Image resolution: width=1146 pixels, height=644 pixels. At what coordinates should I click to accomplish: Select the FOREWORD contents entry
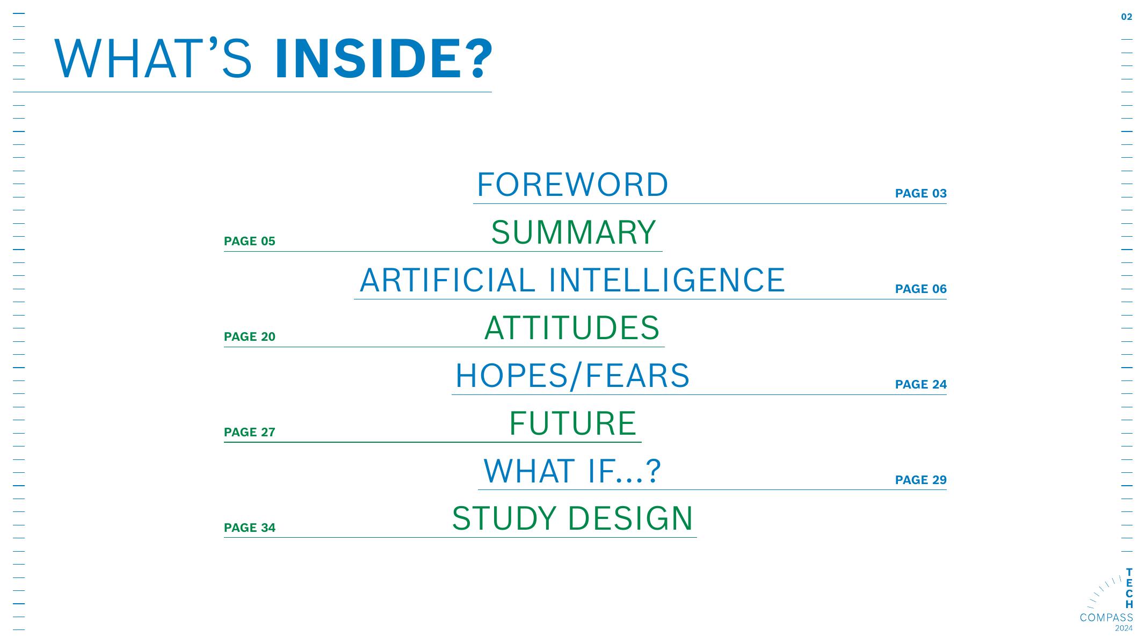pyautogui.click(x=572, y=185)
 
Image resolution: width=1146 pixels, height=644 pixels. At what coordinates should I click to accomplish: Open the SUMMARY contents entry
pyautogui.click(x=574, y=232)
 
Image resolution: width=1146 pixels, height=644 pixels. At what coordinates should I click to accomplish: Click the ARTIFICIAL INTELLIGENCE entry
pyautogui.click(x=572, y=280)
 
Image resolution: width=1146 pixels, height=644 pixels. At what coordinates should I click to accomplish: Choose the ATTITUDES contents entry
pyautogui.click(x=572, y=328)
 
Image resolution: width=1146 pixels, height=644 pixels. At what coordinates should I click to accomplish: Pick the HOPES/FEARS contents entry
pyautogui.click(x=572, y=376)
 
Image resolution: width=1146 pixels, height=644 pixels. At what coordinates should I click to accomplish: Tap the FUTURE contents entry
pyautogui.click(x=572, y=423)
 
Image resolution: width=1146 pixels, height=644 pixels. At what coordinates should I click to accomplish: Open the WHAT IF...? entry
pyautogui.click(x=572, y=471)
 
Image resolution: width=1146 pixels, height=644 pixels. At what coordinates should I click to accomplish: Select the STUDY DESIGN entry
pyautogui.click(x=572, y=518)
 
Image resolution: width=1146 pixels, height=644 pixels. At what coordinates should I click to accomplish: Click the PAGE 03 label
pyautogui.click(x=921, y=193)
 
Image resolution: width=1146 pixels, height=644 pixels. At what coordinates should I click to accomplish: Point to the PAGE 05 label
pyautogui.click(x=250, y=241)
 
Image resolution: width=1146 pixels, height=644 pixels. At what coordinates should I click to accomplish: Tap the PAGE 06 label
pyautogui.click(x=921, y=289)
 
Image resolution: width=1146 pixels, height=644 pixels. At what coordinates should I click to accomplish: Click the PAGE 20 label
pyautogui.click(x=250, y=336)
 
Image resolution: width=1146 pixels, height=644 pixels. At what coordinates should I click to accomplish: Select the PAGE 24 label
pyautogui.click(x=921, y=384)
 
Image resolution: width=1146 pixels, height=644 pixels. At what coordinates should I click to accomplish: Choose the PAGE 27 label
pyautogui.click(x=250, y=432)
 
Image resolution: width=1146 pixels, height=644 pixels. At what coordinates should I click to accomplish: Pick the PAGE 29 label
pyautogui.click(x=921, y=480)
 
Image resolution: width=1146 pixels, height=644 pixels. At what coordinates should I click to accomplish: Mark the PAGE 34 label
pyautogui.click(x=250, y=528)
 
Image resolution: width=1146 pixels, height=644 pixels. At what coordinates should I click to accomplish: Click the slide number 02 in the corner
pyautogui.click(x=1127, y=17)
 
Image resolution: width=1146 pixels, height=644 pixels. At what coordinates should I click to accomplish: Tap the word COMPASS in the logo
pyautogui.click(x=1106, y=618)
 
